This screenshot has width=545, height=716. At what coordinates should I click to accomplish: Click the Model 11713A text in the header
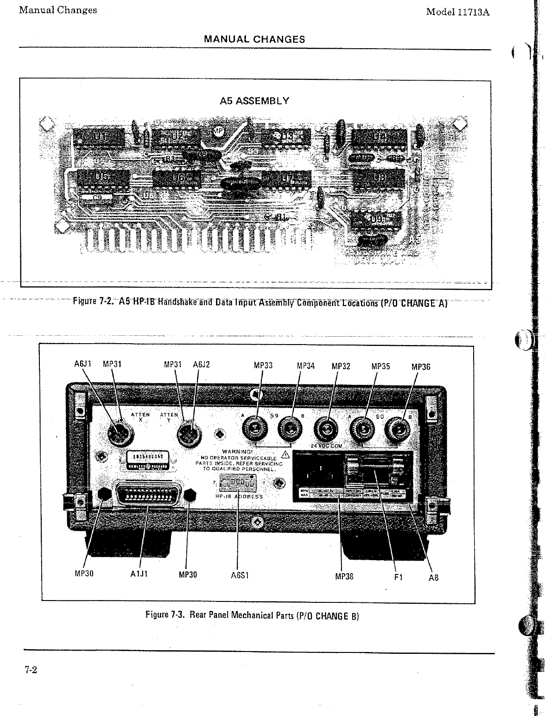pyautogui.click(x=458, y=12)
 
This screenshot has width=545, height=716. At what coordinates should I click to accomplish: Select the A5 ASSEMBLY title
pyautogui.click(x=254, y=101)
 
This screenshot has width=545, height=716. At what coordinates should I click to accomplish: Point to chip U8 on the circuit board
pyautogui.click(x=379, y=179)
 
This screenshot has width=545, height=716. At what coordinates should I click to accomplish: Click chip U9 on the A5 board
pyautogui.click(x=377, y=218)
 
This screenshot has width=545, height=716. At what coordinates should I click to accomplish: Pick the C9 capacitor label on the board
pyautogui.click(x=97, y=198)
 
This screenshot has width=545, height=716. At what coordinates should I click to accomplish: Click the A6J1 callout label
pyautogui.click(x=82, y=365)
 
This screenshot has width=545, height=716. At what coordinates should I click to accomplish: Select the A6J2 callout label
pyautogui.click(x=201, y=365)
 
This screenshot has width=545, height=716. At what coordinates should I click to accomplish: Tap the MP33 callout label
pyautogui.click(x=263, y=365)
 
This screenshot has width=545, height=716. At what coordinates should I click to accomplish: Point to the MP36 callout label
pyautogui.click(x=421, y=367)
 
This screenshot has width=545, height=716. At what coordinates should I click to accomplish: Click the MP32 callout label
pyautogui.click(x=341, y=366)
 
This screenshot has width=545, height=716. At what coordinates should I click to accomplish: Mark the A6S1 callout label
pyautogui.click(x=240, y=575)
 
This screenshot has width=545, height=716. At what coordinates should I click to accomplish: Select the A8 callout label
pyautogui.click(x=433, y=577)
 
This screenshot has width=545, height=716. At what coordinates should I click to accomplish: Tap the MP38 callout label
pyautogui.click(x=344, y=576)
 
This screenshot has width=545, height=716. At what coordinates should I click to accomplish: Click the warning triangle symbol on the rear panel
pyautogui.click(x=285, y=454)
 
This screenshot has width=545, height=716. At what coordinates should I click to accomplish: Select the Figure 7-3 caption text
pyautogui.click(x=252, y=615)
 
